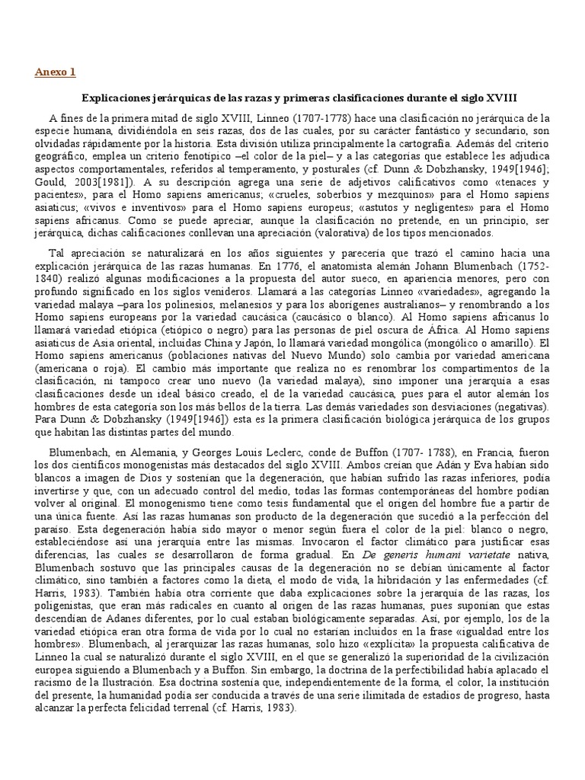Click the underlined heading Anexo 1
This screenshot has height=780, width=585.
pos(56,72)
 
